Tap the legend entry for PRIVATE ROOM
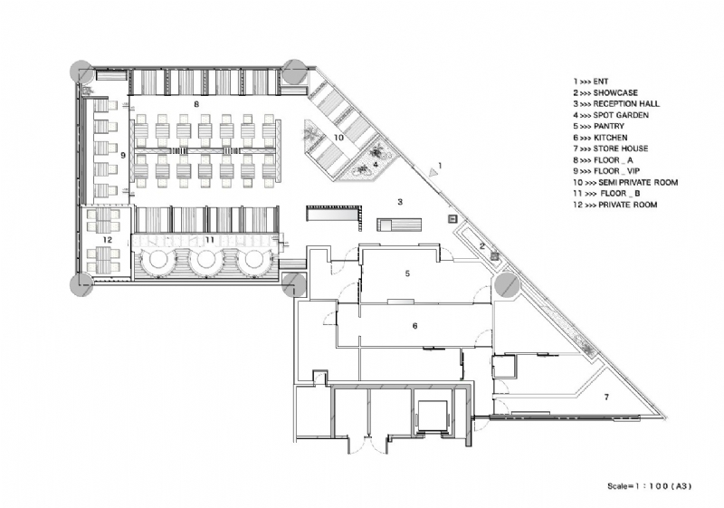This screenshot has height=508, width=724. pos(614,205)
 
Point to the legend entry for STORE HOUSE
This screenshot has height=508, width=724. pos(610,149)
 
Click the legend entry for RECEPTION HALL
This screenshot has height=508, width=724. pos(616,103)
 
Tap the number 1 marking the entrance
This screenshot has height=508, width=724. pos(439,166)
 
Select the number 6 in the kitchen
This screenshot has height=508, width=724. pos(414,324)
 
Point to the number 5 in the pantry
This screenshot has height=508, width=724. pos(407,273)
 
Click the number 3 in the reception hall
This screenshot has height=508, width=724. pos(399,201)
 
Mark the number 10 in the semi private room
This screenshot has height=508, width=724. pos(338,137)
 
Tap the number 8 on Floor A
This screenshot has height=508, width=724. pos(195,105)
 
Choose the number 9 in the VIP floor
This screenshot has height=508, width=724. pos(121,156)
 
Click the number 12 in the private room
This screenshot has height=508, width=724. pos(107,239)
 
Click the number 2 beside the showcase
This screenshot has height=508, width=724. pos(482,245)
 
